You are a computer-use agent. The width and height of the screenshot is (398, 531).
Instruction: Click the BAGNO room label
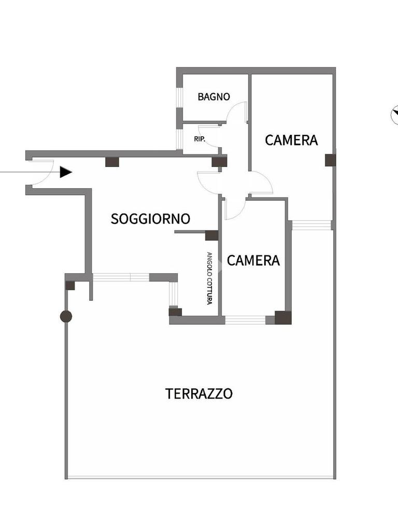[214, 96]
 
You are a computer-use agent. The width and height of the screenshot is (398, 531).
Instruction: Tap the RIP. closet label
[199, 139]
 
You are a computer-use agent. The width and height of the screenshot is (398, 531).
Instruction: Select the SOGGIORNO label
[150, 219]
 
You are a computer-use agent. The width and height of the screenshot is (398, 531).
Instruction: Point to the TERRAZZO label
[199, 394]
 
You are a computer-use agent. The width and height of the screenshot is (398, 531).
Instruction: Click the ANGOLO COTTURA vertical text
[209, 278]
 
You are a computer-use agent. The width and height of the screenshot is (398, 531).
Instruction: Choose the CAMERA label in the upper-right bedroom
[291, 140]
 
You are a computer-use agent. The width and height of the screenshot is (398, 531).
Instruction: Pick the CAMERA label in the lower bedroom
[253, 260]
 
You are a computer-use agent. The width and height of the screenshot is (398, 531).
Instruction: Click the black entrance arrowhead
[65, 172]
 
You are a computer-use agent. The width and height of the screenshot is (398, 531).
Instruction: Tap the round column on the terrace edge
[66, 316]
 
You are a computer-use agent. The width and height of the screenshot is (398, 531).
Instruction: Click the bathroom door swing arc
[238, 110]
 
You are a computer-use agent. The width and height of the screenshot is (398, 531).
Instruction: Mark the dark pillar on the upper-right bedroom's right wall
[330, 160]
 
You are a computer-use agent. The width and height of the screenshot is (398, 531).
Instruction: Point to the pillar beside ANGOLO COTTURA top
[211, 235]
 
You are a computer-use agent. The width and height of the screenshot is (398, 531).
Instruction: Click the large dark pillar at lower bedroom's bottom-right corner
[283, 317]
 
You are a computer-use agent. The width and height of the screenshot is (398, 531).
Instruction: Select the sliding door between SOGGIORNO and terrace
[121, 277]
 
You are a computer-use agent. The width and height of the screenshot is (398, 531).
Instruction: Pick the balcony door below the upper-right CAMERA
[311, 225]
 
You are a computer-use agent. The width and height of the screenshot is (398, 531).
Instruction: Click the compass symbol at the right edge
[394, 114]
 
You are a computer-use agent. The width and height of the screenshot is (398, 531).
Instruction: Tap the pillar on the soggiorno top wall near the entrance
[112, 162]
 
